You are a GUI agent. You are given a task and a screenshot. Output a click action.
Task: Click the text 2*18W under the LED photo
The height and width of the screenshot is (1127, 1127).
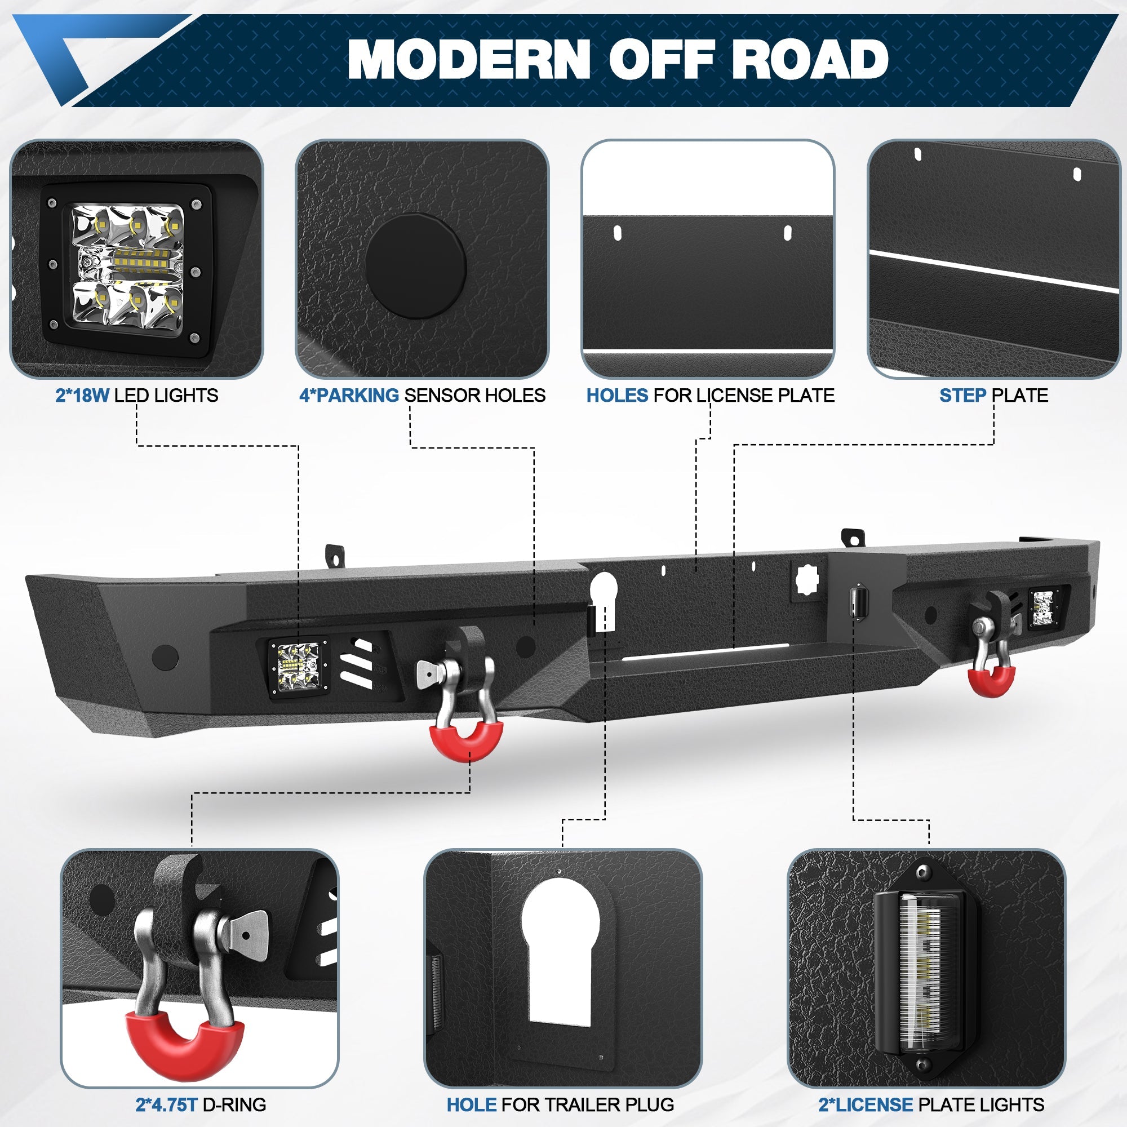tap(82, 396)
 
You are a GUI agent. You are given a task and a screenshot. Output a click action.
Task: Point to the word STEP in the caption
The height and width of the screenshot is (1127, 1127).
tap(963, 396)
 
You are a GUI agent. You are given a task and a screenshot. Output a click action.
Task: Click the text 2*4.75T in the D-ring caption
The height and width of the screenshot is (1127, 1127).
tap(167, 1104)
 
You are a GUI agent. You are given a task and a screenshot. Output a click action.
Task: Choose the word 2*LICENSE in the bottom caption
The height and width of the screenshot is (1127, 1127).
tap(866, 1104)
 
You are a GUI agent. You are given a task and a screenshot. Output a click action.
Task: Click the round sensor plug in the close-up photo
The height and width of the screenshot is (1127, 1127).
tap(416, 266)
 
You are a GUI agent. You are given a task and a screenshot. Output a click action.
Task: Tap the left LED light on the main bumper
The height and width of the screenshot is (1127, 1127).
tap(298, 668)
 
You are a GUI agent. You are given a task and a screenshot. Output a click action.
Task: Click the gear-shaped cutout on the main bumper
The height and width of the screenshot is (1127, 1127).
tap(809, 579)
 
